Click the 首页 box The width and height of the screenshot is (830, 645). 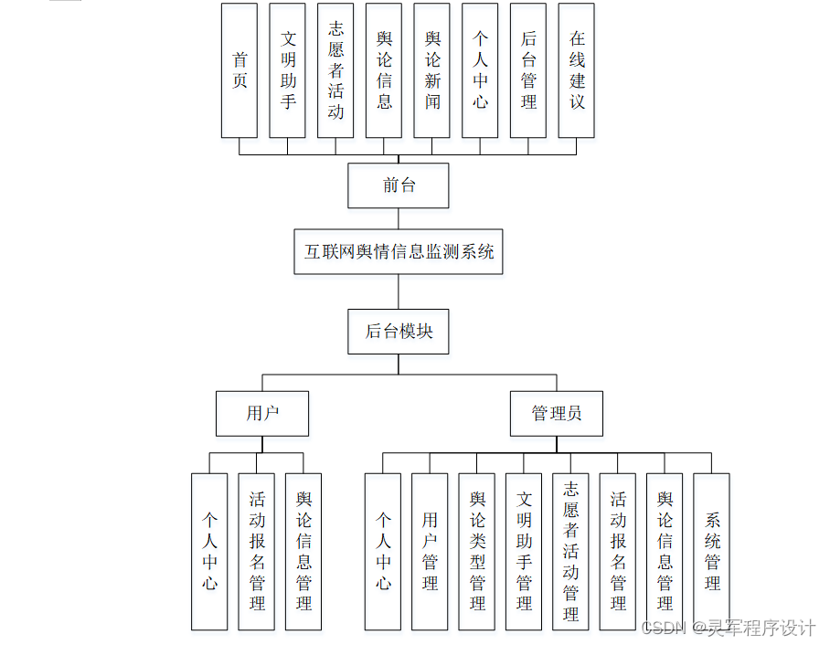(239, 70)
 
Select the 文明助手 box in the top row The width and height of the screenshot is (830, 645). (288, 70)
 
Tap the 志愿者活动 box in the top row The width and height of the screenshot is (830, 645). (335, 70)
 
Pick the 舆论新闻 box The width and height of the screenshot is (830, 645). (432, 70)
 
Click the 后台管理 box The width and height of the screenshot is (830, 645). (528, 70)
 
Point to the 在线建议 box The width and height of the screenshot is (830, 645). (577, 70)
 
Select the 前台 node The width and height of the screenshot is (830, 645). (399, 185)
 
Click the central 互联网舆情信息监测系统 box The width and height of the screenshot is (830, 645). (399, 251)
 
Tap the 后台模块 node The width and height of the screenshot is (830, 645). (399, 332)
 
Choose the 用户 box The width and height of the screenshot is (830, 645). (262, 413)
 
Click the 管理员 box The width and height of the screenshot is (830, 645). (557, 413)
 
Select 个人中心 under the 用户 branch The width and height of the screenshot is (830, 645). (209, 551)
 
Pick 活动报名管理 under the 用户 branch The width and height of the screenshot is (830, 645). (257, 551)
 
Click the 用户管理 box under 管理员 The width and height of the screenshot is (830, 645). (430, 551)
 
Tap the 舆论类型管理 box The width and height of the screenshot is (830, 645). (477, 551)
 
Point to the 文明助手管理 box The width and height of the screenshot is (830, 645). (524, 551)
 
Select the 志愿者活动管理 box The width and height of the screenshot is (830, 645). (571, 551)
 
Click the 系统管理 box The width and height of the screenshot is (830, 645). (712, 551)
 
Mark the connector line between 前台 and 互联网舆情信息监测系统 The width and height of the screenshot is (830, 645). (399, 218)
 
